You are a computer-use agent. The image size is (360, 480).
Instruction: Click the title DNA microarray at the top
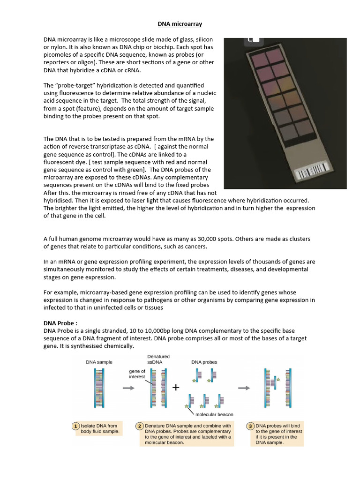coord(179,23)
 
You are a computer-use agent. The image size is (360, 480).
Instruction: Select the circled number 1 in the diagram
coord(75,426)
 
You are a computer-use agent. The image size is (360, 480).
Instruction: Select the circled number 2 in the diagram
coord(139,426)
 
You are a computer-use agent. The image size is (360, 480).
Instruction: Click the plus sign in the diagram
coord(176,388)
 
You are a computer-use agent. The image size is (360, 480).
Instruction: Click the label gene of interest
coord(137,374)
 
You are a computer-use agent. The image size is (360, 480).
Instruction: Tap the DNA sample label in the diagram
coord(99,362)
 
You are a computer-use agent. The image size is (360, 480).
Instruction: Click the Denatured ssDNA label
coord(158,360)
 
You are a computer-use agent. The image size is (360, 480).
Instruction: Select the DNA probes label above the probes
coord(204,362)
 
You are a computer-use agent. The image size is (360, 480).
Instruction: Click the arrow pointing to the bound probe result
coord(244,388)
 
